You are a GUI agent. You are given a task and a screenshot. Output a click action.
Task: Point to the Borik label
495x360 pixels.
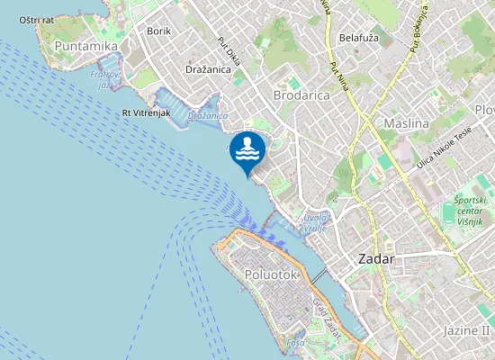[x=158, y=31]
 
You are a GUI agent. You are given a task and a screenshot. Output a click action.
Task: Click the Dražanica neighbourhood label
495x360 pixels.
[x=210, y=68]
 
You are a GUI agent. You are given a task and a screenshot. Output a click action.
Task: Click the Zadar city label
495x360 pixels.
[x=376, y=258]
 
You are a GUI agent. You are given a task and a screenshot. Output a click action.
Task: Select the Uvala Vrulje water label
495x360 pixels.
[x=315, y=221]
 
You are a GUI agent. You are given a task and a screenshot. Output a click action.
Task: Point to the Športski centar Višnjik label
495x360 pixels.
[x=469, y=209]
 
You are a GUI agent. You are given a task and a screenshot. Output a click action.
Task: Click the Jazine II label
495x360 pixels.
[x=465, y=330]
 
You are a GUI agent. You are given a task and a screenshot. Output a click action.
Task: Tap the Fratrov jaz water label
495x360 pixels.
[x=105, y=80]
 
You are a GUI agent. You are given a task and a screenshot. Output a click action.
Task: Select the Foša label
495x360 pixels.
[x=295, y=343]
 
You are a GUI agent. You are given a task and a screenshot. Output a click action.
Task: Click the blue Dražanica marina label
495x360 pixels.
[x=208, y=116]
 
